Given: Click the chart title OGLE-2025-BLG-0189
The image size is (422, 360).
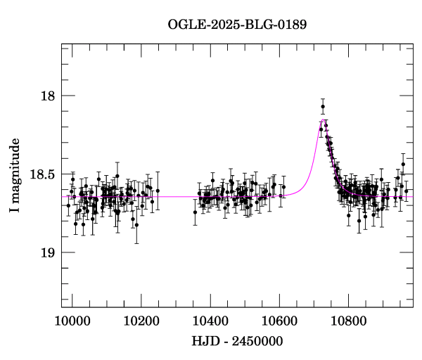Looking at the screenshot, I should pyautogui.click(x=237, y=24).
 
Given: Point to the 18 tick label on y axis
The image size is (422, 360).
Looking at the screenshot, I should pyautogui.click(x=46, y=96).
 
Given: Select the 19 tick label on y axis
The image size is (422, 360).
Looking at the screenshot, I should pyautogui.click(x=46, y=252).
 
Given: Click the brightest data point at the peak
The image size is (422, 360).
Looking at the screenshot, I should pyautogui.click(x=323, y=107).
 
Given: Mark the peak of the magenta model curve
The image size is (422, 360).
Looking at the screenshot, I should pyautogui.click(x=323, y=121).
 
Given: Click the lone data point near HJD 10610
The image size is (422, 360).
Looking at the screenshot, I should pyautogui.click(x=283, y=187).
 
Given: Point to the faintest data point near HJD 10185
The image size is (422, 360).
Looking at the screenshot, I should pyautogui.click(x=136, y=225).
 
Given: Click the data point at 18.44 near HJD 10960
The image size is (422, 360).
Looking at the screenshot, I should pyautogui.click(x=403, y=165).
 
